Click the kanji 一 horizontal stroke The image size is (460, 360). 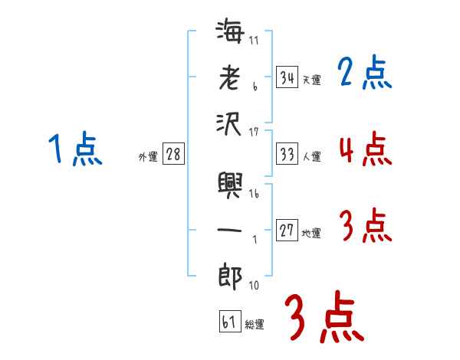pos(231,230)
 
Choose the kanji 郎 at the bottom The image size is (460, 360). pos(231,276)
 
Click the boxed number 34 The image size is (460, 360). pos(287,77)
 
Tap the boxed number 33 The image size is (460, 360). pos(287,154)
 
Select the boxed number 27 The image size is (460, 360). pos(287,231)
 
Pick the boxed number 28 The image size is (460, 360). pos(173,154)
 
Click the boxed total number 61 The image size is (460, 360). pos(229,322)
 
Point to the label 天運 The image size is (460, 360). pos(311,80)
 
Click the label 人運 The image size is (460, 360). pos(311,157)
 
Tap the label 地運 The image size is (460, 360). pos(311,234)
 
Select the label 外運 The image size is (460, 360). pos(148,157)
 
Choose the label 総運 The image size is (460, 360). pos(255,325)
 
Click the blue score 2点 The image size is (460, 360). pos(364,73)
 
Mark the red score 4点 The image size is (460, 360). pos(364,149)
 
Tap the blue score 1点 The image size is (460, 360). pos(74,149)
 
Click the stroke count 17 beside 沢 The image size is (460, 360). pos(255,133)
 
